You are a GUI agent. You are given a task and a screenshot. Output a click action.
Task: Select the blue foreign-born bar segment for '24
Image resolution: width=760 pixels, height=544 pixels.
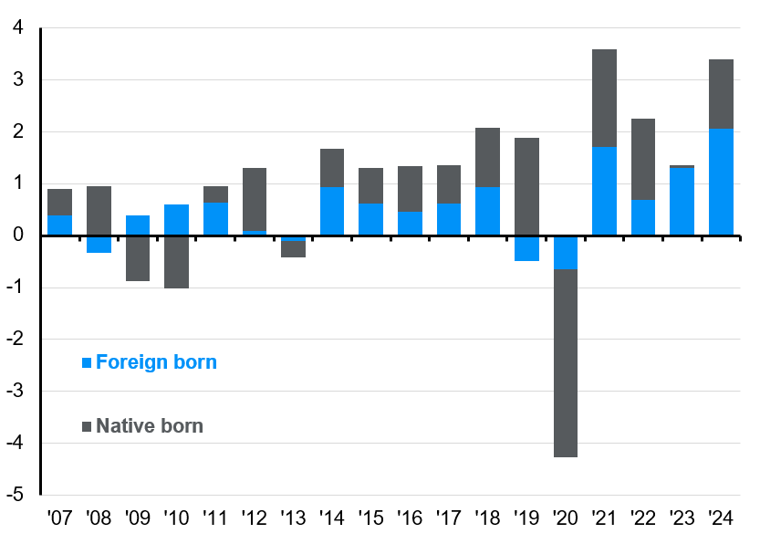[721, 183]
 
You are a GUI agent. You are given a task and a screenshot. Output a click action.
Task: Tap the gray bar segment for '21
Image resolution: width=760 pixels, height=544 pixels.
[604, 98]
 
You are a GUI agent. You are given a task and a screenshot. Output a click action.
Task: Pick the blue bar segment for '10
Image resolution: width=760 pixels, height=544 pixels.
[176, 220]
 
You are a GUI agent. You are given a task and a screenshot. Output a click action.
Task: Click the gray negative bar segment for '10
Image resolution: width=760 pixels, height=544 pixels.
[176, 262]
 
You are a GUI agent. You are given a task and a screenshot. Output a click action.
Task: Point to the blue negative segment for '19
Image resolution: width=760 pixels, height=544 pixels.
[526, 248]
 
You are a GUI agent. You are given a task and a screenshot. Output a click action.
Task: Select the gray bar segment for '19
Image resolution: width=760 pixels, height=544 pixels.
[526, 186]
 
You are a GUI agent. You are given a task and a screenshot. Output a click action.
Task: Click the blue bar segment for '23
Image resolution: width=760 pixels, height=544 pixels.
[682, 202]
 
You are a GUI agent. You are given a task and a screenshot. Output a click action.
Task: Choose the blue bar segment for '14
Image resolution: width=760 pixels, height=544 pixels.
[332, 212]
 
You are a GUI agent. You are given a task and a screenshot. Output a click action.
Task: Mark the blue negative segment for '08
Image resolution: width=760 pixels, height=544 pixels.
[99, 244]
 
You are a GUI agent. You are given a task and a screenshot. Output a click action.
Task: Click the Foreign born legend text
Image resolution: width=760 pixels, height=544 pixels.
[156, 362]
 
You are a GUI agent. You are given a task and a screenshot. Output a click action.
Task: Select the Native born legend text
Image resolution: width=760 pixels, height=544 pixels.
[150, 426]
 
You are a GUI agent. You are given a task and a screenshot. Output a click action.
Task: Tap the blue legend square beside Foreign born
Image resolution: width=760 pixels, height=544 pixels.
[87, 362]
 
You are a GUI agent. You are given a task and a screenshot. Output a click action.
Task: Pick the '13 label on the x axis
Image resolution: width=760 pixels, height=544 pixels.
[293, 519]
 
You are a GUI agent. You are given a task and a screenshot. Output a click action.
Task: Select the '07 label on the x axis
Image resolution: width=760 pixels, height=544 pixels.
[59, 519]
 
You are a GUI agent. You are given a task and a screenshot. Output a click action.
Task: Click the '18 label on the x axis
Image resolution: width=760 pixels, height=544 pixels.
[487, 519]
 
